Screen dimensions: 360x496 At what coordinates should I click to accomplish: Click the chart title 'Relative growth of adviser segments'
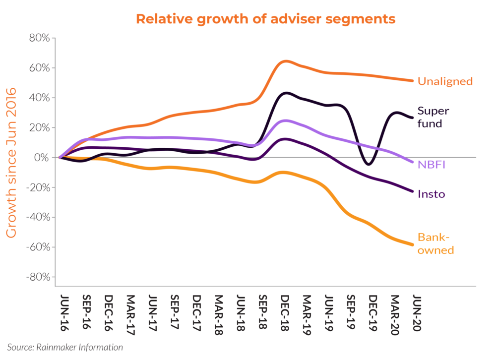coord(265,19)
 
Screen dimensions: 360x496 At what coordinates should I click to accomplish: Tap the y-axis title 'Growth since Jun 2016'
coord(11,163)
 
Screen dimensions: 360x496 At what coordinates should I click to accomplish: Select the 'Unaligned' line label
coord(445,81)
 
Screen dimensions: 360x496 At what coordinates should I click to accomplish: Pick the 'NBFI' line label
coord(431,164)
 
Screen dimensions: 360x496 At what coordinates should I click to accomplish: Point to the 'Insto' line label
coord(431,194)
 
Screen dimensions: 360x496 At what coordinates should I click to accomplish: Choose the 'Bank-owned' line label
coord(435,243)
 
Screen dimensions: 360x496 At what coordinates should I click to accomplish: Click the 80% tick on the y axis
coord(40,38)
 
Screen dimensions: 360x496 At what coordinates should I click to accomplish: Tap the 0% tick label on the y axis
coord(43,158)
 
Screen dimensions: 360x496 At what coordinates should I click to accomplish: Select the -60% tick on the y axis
coord(38,247)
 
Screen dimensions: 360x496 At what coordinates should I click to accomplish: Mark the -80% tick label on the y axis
coord(38,277)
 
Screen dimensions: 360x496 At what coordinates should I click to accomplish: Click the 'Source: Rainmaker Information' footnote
coord(65,347)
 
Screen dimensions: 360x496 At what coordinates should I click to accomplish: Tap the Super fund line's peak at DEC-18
coord(286,93)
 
